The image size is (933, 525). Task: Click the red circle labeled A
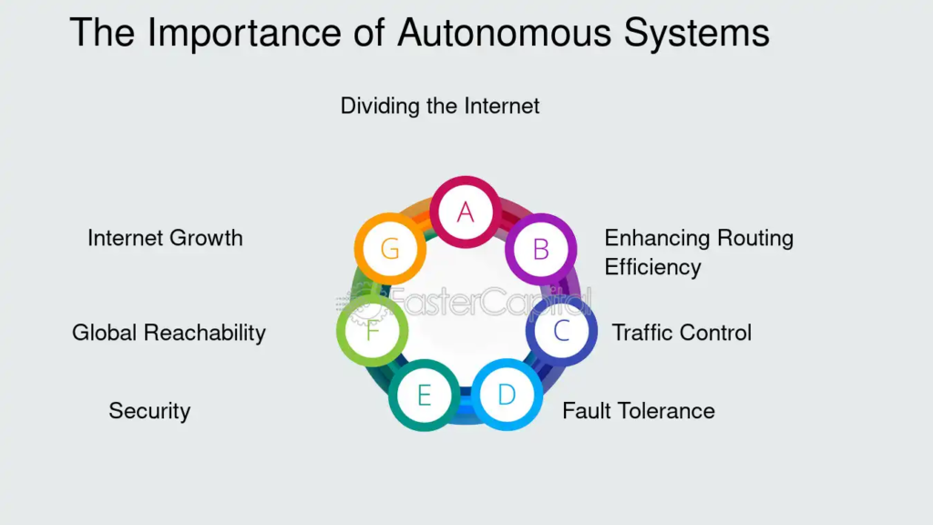(466, 211)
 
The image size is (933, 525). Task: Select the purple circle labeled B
(540, 249)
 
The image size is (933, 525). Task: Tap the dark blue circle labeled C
(561, 331)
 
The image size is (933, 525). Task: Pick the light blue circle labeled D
(507, 395)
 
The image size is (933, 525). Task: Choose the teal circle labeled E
(424, 395)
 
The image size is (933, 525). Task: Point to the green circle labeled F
(372, 331)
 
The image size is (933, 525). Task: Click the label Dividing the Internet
(440, 106)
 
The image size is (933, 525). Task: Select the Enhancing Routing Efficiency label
(699, 252)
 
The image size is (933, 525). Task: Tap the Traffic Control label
(682, 333)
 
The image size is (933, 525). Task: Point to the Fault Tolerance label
(638, 411)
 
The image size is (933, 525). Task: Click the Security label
(149, 411)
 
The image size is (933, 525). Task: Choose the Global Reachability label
(169, 333)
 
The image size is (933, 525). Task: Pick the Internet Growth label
(165, 239)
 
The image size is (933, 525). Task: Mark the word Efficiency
(652, 268)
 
